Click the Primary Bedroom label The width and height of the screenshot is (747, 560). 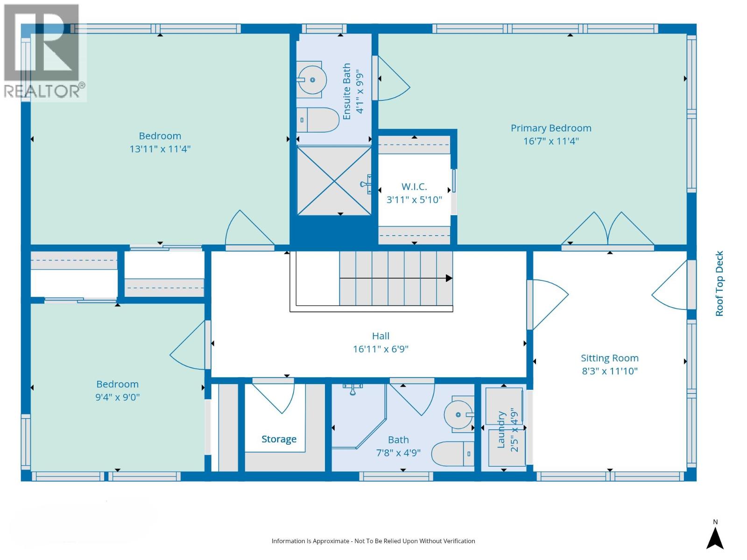pyautogui.click(x=550, y=128)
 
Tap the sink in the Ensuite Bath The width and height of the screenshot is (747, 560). pyautogui.click(x=311, y=80)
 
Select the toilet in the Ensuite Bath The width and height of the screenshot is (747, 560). pyautogui.click(x=318, y=119)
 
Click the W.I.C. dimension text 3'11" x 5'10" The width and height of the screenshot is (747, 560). pyautogui.click(x=414, y=200)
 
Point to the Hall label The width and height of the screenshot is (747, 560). pyautogui.click(x=381, y=336)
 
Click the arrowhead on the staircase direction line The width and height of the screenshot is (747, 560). pyautogui.click(x=449, y=278)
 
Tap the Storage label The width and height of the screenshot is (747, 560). pyautogui.click(x=279, y=439)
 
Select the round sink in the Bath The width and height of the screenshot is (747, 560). pyautogui.click(x=459, y=414)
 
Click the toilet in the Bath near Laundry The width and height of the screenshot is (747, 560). pyautogui.click(x=452, y=454)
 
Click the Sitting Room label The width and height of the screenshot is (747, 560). pyautogui.click(x=610, y=358)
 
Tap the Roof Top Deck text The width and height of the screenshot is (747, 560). pyautogui.click(x=719, y=284)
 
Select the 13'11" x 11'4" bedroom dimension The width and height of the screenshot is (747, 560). pyautogui.click(x=160, y=149)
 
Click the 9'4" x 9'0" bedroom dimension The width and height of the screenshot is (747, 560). pyautogui.click(x=117, y=397)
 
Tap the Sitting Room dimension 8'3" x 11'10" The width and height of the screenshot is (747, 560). pyautogui.click(x=610, y=371)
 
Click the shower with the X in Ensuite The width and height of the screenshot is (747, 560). pyautogui.click(x=334, y=181)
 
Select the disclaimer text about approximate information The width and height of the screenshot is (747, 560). pyautogui.click(x=373, y=541)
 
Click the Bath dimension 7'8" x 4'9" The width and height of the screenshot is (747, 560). pyautogui.click(x=398, y=453)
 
